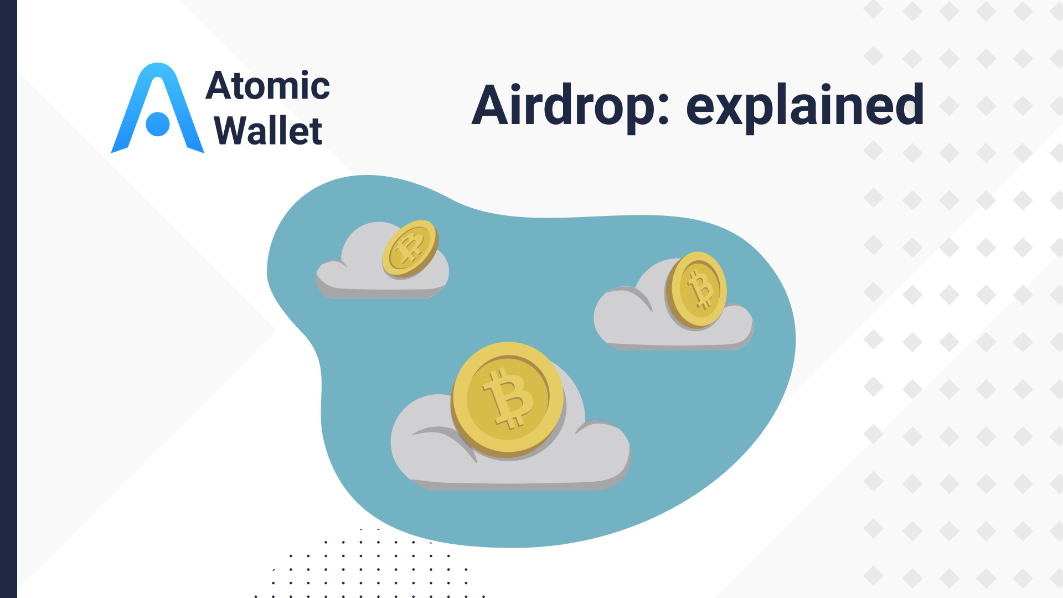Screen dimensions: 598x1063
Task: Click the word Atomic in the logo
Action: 268,86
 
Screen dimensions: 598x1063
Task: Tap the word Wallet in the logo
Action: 268,131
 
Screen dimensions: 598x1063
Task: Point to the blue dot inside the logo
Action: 158,124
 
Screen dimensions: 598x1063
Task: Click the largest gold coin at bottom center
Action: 507,399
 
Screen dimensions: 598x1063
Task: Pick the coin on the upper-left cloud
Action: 410,249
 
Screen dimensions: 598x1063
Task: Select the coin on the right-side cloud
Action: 697,290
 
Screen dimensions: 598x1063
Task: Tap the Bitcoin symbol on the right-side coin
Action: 701,288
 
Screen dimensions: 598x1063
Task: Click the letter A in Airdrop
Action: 492,105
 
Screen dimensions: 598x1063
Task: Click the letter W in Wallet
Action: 232,131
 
